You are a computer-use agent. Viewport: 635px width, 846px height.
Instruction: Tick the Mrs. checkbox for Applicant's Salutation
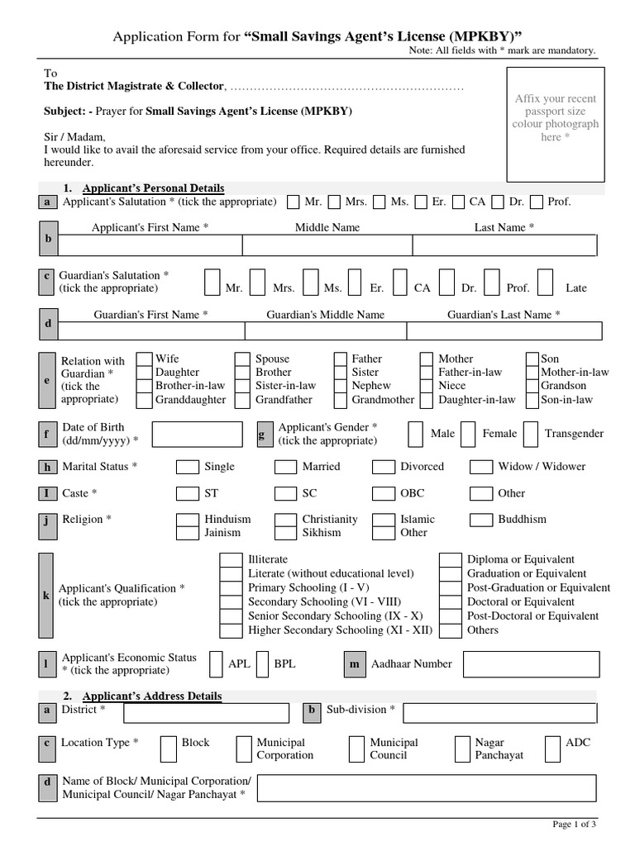click(334, 202)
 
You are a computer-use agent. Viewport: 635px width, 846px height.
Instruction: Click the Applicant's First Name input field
click(149, 245)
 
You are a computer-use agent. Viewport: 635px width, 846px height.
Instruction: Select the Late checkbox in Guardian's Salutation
click(546, 281)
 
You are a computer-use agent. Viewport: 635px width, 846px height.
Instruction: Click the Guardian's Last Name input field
click(504, 330)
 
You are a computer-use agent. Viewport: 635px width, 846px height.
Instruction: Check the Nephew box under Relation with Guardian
click(340, 386)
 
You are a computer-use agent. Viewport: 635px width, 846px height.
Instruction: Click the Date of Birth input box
click(197, 434)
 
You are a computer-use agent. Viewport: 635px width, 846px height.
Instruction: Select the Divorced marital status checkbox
click(383, 467)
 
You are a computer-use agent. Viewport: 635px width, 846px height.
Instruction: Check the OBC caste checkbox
click(383, 494)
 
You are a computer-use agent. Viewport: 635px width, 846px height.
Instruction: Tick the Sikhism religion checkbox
click(285, 533)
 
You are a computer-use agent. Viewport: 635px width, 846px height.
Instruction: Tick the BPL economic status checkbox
click(262, 663)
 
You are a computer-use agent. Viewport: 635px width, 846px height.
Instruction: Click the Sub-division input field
click(499, 712)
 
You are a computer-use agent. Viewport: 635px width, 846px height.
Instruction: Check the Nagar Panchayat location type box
click(463, 749)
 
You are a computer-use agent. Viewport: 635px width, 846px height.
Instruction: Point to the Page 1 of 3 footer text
click(573, 824)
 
